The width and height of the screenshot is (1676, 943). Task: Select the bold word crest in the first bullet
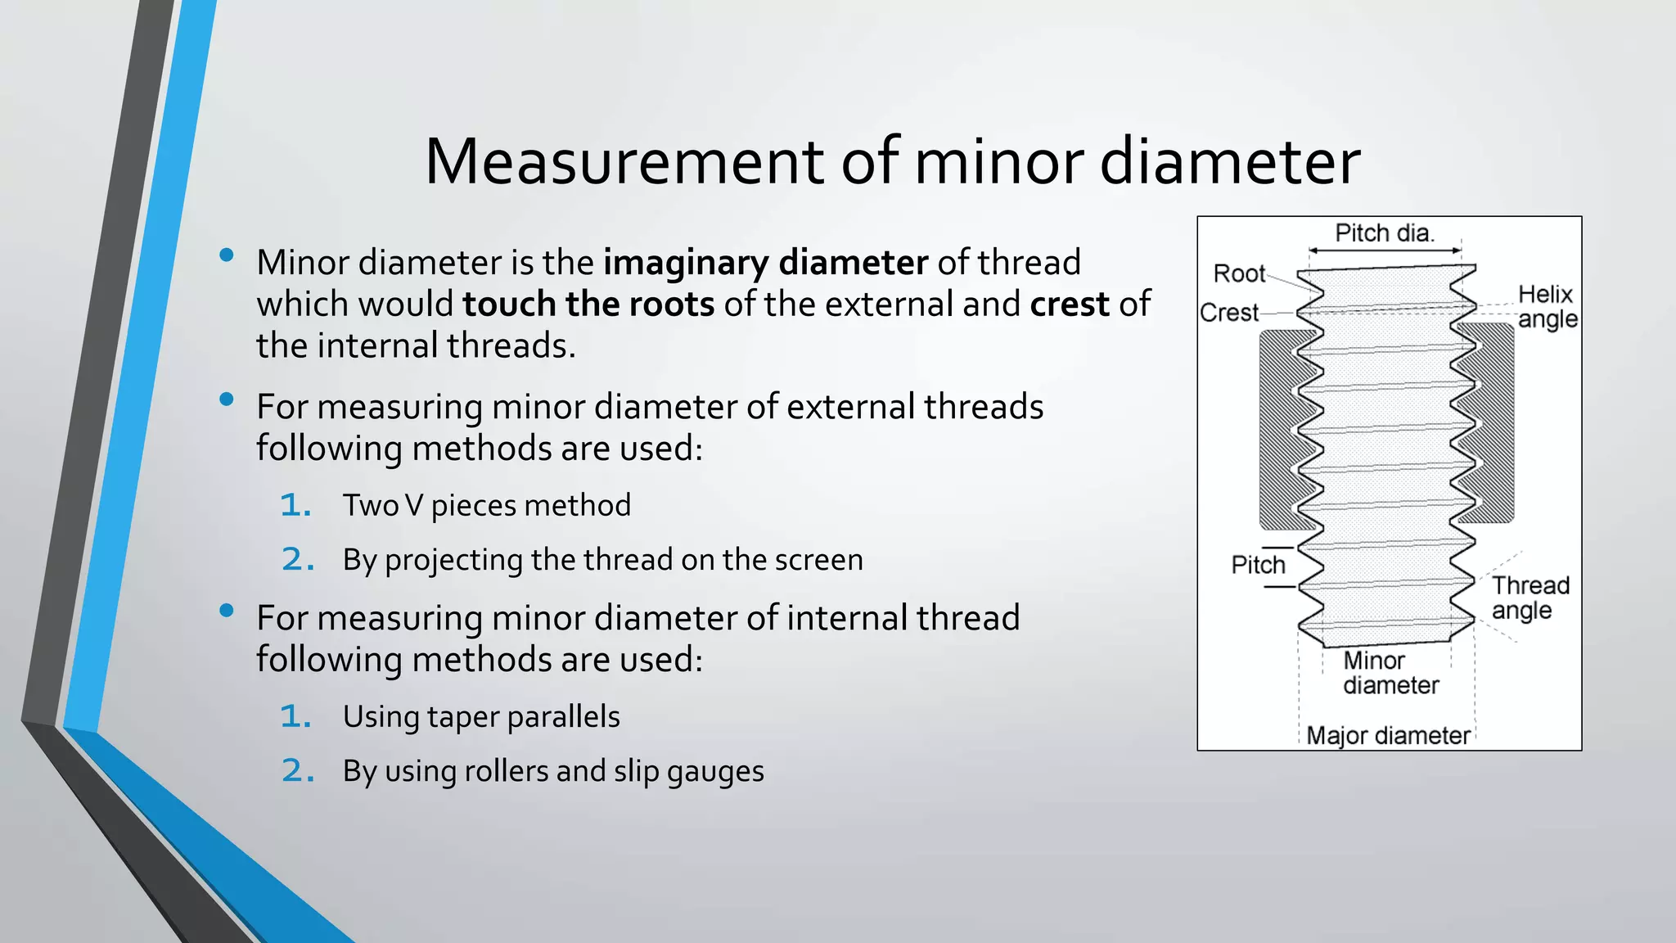(x=1069, y=305)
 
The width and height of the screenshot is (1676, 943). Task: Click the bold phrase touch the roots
(x=588, y=305)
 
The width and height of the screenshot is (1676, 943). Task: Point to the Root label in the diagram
(x=1238, y=273)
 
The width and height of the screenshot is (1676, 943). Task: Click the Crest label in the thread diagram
(x=1228, y=313)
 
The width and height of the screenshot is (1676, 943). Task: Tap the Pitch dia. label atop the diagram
(x=1384, y=233)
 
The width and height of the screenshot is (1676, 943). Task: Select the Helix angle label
(x=1546, y=306)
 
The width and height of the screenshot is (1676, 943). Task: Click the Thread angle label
(x=1529, y=598)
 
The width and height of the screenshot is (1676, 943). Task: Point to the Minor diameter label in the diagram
(x=1390, y=672)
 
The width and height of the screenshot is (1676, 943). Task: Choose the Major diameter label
(x=1388, y=735)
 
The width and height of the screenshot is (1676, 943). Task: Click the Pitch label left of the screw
(x=1258, y=565)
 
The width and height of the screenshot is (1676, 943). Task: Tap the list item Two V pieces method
(x=486, y=506)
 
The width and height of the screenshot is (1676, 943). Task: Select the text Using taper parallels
(x=481, y=717)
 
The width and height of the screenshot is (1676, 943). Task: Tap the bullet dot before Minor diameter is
(x=227, y=255)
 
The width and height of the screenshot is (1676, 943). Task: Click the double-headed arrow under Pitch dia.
(x=1385, y=250)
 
